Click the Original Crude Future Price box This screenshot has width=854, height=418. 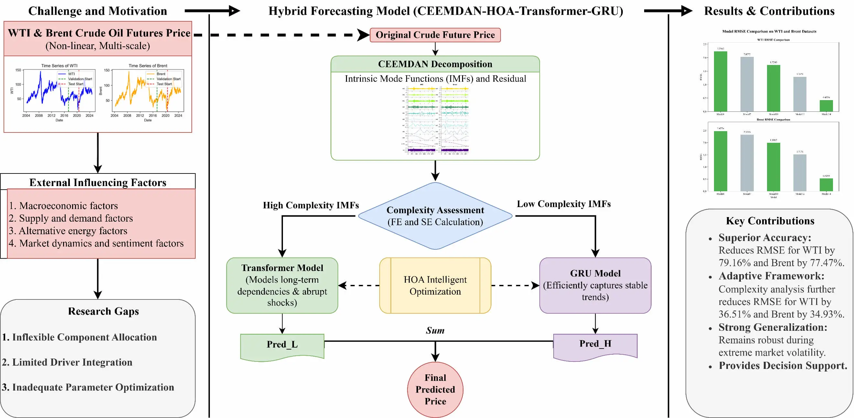point(435,35)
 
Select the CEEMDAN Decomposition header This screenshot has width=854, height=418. point(435,64)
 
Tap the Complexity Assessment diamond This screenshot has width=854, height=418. point(435,216)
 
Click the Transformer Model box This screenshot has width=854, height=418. point(282,285)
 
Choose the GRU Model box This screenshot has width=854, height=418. point(595,285)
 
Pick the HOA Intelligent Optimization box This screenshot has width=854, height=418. point(435,285)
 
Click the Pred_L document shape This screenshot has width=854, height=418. point(282,345)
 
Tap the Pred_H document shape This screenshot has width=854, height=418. point(595,344)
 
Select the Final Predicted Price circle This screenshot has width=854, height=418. point(435,390)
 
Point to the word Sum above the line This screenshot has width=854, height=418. point(435,330)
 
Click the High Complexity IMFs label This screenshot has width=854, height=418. point(311,205)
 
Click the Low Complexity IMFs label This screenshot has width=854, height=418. point(564,204)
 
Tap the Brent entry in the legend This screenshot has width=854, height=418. point(161,74)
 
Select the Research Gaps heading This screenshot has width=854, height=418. point(103,311)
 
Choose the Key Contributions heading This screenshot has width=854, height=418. point(770,221)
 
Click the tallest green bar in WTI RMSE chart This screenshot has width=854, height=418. point(720,81)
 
